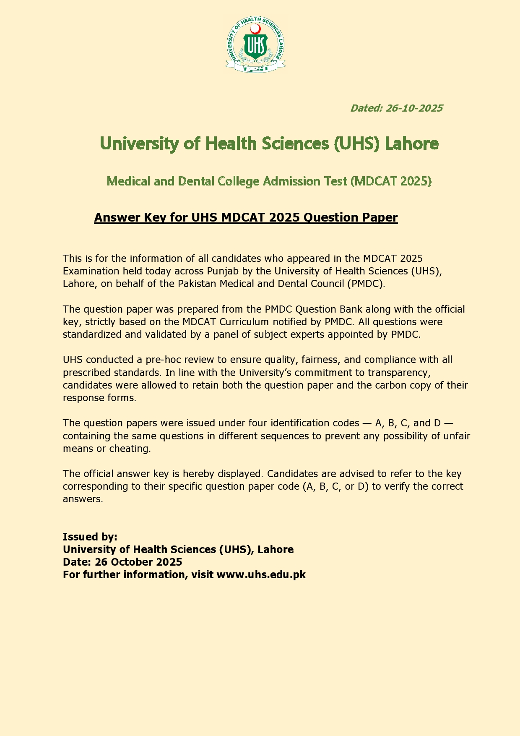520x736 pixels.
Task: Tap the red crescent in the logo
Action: pyautogui.click(x=255, y=29)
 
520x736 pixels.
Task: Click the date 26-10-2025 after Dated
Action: pyautogui.click(x=414, y=108)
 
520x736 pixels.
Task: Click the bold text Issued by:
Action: pyautogui.click(x=90, y=537)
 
